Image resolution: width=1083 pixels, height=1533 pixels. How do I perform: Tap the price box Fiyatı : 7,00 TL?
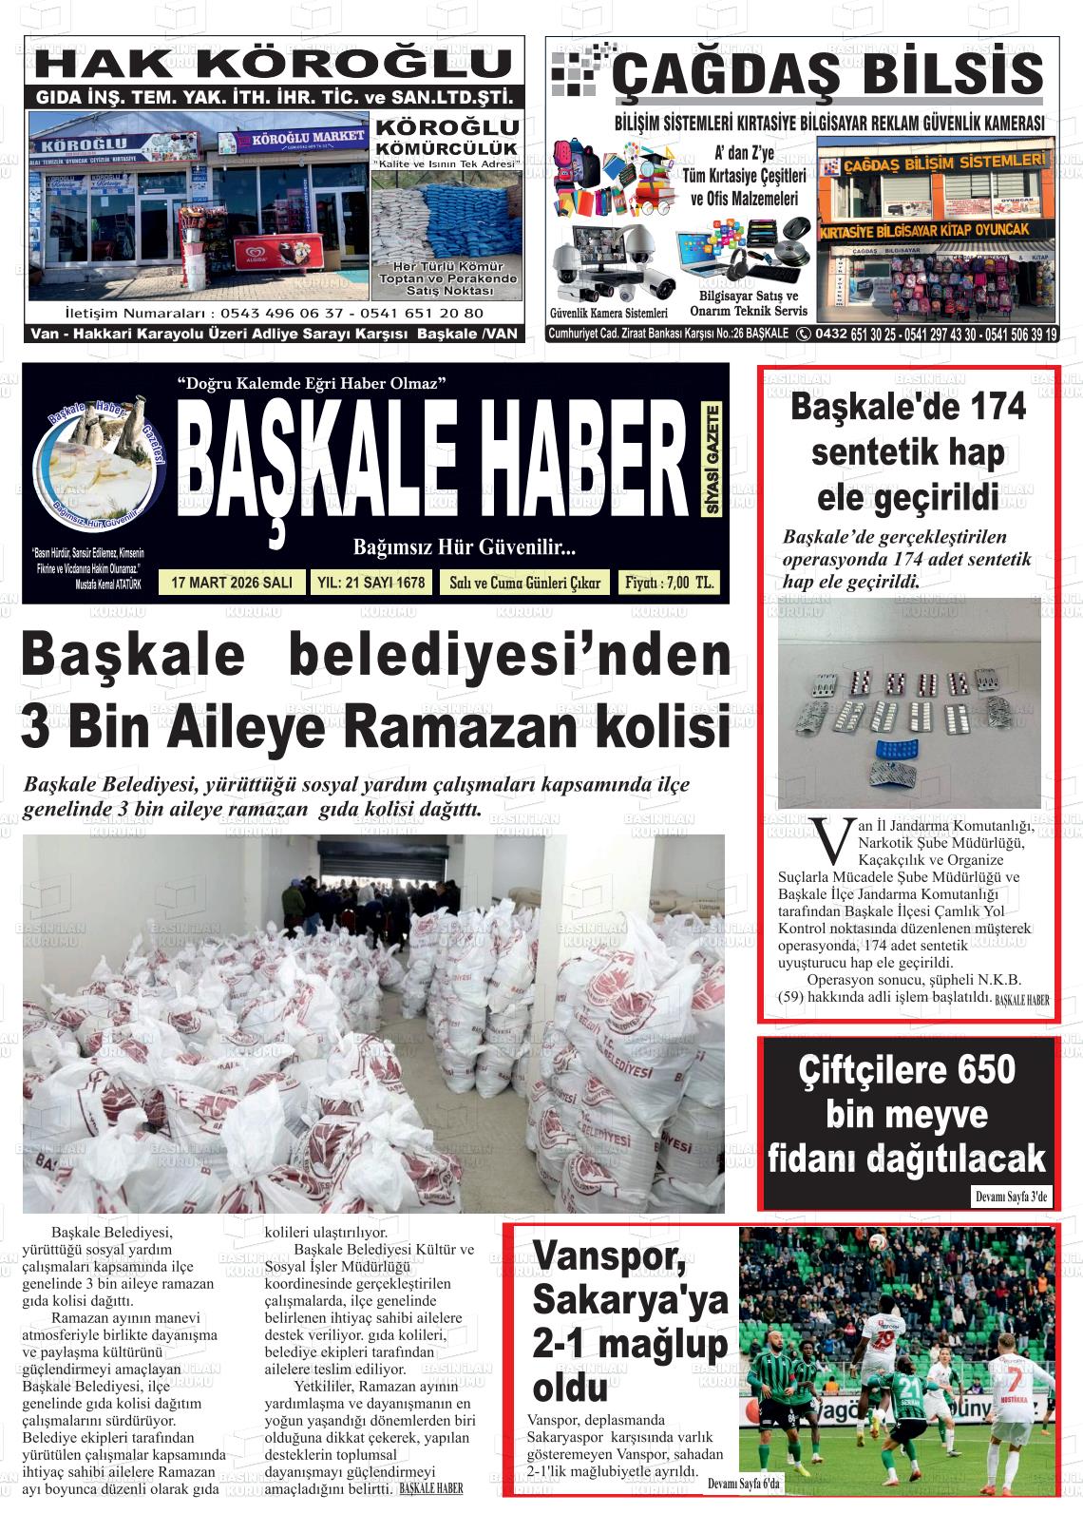coord(669,583)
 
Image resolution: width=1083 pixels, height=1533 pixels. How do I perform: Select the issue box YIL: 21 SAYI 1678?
coord(369,583)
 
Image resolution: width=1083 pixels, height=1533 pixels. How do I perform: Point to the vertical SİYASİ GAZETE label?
coord(713,460)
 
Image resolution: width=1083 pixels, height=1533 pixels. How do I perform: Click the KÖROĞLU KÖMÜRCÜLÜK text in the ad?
coord(448,138)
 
